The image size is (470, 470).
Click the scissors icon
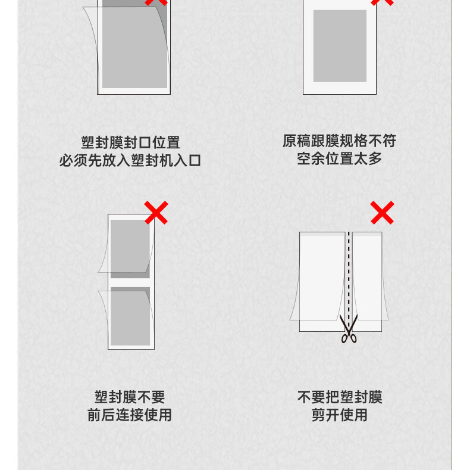[349, 328]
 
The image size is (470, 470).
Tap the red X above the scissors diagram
[382, 213]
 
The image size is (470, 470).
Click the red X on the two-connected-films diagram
[156, 213]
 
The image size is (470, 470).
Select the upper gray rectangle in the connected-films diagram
[130, 249]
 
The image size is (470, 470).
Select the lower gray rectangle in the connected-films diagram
[130, 316]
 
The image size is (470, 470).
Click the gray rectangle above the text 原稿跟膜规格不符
[340, 46]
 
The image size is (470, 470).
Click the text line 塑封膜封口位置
[131, 142]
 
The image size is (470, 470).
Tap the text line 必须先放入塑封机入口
[130, 160]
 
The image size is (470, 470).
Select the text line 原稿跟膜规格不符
[339, 141]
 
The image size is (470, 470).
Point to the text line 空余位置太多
[339, 158]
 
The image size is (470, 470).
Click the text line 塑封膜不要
[130, 397]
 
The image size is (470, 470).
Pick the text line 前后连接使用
[130, 415]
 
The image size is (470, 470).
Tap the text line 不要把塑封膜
[340, 397]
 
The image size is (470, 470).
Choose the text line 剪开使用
[340, 415]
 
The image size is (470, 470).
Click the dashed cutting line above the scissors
[349, 273]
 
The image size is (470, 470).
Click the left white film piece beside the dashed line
[322, 282]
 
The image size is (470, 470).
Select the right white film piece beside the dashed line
[367, 282]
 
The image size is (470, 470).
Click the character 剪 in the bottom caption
[318, 415]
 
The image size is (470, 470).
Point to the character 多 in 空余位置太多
[375, 158]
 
